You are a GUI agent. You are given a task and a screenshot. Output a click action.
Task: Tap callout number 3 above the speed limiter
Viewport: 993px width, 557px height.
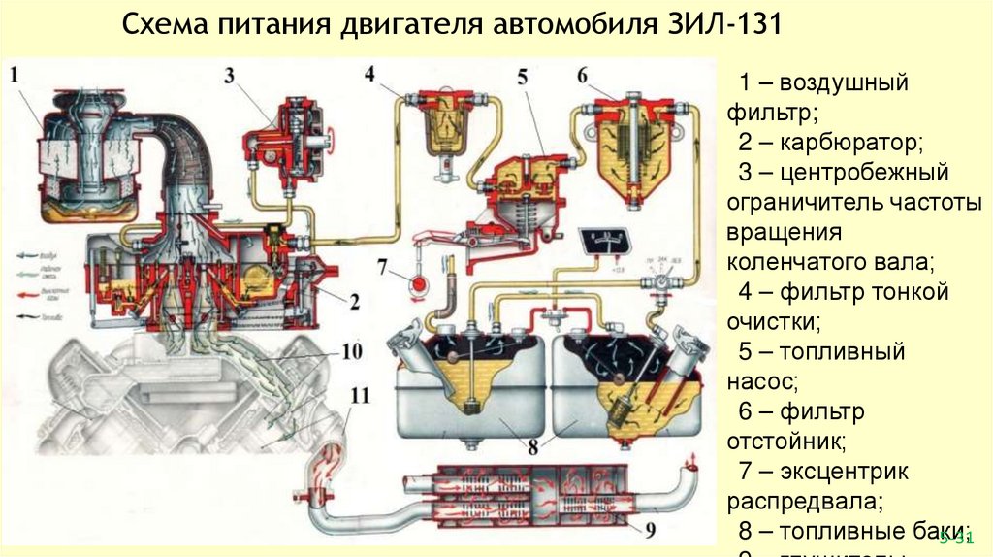(230, 75)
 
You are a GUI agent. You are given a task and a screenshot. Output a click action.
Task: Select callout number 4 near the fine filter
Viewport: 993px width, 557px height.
(370, 74)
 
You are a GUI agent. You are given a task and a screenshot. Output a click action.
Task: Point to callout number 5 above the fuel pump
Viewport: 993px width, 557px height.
(522, 77)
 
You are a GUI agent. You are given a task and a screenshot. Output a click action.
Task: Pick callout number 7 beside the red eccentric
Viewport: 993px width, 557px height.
(382, 265)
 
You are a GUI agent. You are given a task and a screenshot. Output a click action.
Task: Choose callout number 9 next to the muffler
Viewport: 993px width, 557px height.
(650, 529)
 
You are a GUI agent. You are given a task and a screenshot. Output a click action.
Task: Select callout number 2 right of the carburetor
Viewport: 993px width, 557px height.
(354, 302)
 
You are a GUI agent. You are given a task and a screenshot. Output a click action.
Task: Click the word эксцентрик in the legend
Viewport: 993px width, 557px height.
(842, 473)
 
